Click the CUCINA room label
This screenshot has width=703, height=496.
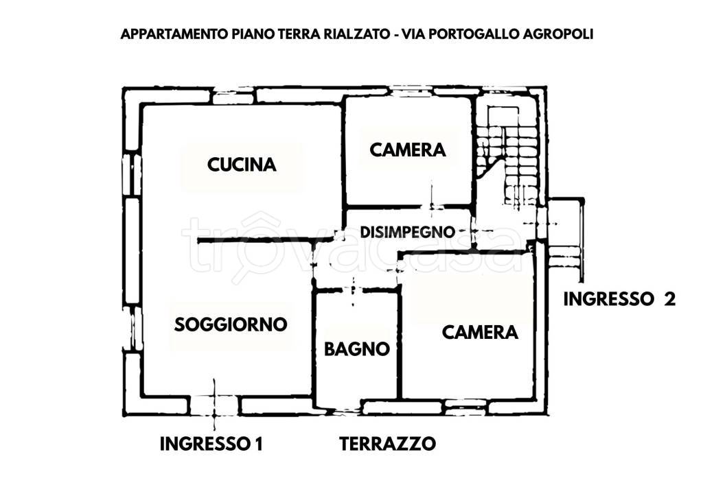coord(242,165)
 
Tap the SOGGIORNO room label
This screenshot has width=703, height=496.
coord(230,324)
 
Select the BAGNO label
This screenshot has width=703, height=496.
coord(356,349)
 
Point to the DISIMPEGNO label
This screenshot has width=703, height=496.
coord(408,232)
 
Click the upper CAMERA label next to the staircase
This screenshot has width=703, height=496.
coord(408,150)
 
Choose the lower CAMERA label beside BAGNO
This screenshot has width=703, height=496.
coord(479,333)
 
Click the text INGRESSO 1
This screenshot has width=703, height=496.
coord(211,444)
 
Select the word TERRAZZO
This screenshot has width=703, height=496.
coord(387,444)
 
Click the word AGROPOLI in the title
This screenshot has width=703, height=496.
coord(555,34)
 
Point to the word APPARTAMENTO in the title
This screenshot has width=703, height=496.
coord(172,34)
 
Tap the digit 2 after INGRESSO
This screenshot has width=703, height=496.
coord(669,299)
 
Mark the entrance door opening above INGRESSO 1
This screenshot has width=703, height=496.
coord(214,405)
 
